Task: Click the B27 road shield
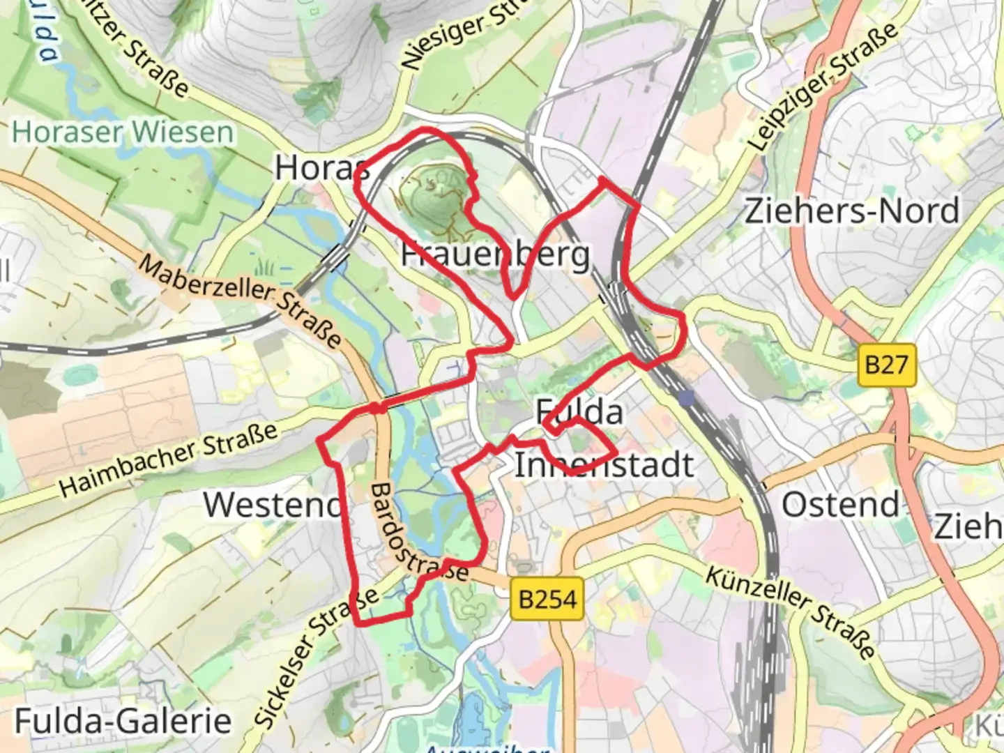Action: click(886, 365)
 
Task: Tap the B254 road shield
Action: click(547, 599)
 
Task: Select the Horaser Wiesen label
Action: click(123, 132)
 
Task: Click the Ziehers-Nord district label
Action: click(852, 211)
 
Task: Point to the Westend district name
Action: click(272, 504)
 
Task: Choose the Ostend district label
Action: click(840, 504)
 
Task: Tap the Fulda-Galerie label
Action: click(123, 721)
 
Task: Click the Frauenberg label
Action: click(495, 254)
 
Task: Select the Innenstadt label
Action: click(604, 465)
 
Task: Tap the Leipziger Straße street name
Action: click(823, 86)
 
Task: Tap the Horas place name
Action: click(321, 167)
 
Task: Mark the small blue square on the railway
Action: click(688, 398)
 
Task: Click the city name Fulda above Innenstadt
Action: click(579, 412)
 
